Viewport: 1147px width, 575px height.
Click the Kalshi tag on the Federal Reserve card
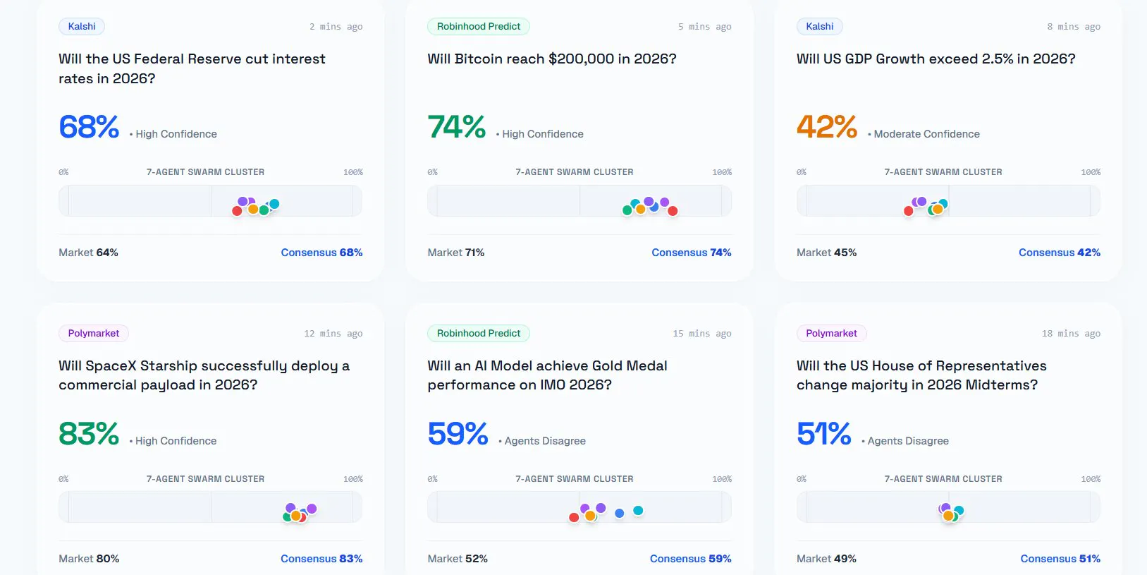coord(82,26)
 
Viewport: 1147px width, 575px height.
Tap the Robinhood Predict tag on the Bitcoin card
coord(478,26)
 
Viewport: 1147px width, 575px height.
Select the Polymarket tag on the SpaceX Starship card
coord(94,333)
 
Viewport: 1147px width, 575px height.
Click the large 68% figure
coord(89,126)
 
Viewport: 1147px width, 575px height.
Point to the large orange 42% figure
coord(826,126)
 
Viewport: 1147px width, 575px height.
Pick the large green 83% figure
coord(89,434)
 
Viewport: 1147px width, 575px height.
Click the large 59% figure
coord(458,434)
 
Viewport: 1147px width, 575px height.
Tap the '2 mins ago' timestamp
coord(336,27)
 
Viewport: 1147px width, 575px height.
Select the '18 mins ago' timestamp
coord(1071,334)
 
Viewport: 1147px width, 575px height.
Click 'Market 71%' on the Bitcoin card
coord(455,252)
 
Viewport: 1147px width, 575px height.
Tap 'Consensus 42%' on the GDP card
coord(1060,252)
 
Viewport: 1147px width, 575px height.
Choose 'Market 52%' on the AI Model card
coord(458,559)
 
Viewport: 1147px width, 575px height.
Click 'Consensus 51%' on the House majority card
coord(1060,559)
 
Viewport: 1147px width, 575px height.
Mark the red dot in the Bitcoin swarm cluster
coord(673,211)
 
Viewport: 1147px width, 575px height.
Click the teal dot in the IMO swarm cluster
coord(638,510)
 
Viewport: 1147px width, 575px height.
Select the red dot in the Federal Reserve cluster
coord(237,211)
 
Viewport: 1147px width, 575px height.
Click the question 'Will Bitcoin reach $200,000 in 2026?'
coord(552,59)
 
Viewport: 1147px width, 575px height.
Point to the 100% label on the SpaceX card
coord(353,479)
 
